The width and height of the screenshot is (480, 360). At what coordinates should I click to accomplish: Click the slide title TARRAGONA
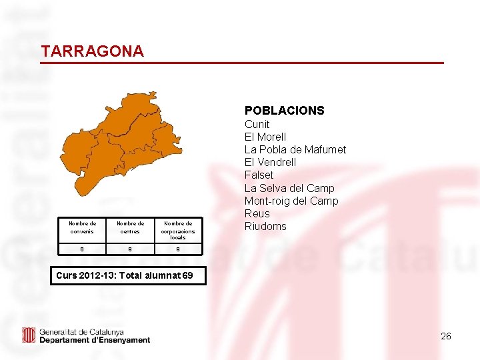[x=92, y=51]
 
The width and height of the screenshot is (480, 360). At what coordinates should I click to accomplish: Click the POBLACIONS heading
[x=284, y=110]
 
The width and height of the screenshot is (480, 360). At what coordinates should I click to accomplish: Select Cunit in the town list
[x=257, y=124]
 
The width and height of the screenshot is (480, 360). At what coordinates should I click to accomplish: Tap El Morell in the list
[x=265, y=137]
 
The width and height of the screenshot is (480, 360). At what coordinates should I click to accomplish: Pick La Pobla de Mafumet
[x=295, y=149]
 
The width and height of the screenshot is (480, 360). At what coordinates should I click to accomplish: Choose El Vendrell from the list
[x=270, y=162]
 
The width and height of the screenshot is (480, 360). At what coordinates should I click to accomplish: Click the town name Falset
[x=259, y=175]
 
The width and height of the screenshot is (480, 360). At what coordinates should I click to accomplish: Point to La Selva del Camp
[x=289, y=188]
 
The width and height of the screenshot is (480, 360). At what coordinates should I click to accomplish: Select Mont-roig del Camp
[x=291, y=201]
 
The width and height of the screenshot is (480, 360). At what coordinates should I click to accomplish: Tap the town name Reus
[x=257, y=213]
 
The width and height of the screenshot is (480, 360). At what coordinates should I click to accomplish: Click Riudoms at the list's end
[x=265, y=226]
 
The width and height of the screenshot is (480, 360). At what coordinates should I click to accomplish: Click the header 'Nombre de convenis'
[x=83, y=227]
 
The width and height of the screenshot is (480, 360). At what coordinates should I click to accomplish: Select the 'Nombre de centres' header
[x=130, y=227]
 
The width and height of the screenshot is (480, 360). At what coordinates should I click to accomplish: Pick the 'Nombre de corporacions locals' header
[x=178, y=230]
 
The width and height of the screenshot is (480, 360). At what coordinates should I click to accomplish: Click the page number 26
[x=445, y=336]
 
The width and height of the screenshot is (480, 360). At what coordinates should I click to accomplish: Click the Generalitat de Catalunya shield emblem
[x=29, y=335]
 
